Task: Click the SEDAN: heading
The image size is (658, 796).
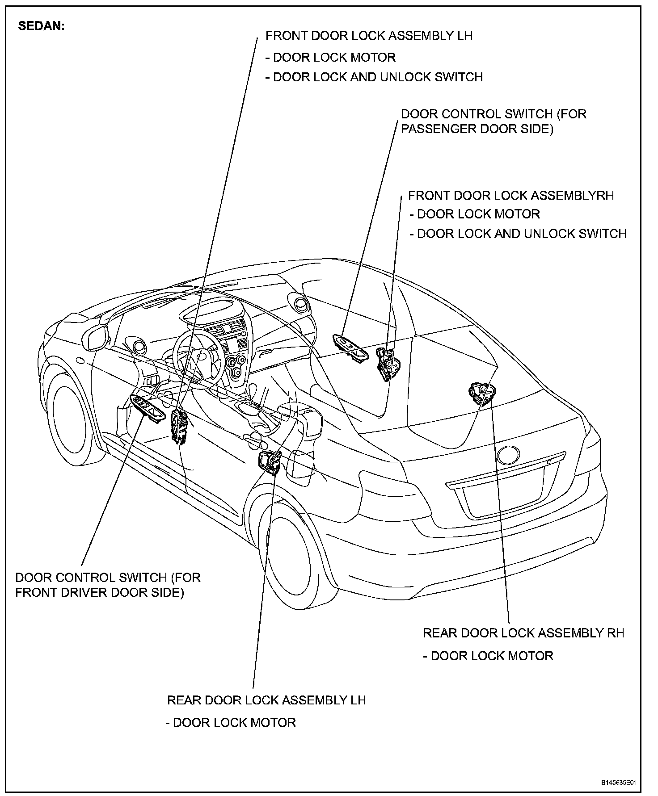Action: pyautogui.click(x=41, y=26)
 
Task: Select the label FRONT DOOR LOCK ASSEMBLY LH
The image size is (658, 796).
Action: pyautogui.click(x=369, y=36)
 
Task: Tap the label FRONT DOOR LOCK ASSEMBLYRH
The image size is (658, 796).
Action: pyautogui.click(x=511, y=196)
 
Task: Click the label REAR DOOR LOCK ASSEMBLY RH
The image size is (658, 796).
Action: pyautogui.click(x=523, y=633)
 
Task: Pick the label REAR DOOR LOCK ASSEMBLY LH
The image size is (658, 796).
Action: pyautogui.click(x=266, y=700)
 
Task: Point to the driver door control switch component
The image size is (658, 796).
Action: pyautogui.click(x=147, y=408)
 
